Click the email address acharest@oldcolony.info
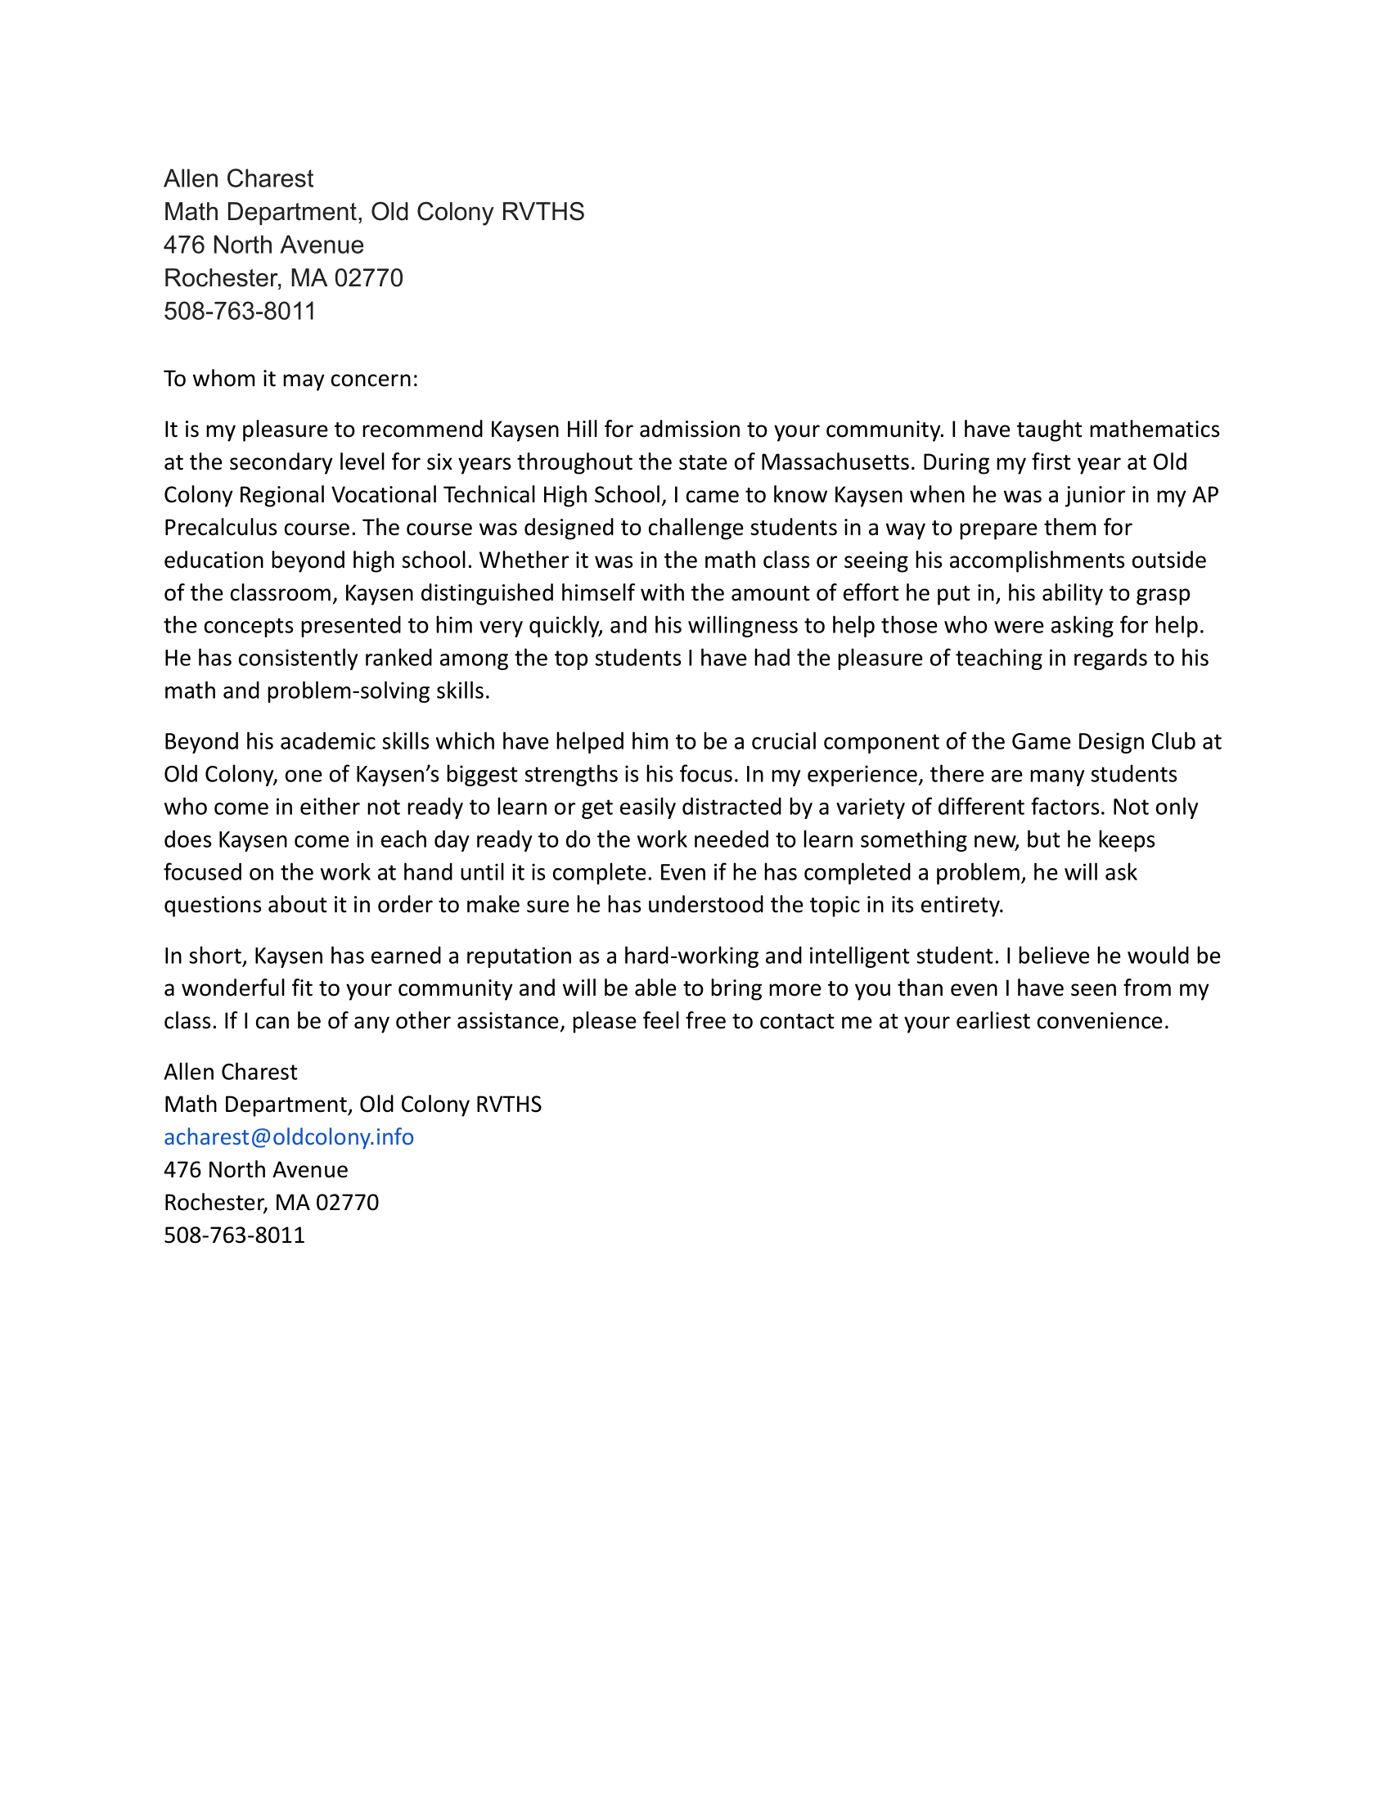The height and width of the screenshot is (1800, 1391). [288, 1137]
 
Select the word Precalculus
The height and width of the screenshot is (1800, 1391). [216, 528]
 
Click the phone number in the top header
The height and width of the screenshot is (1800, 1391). [240, 312]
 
